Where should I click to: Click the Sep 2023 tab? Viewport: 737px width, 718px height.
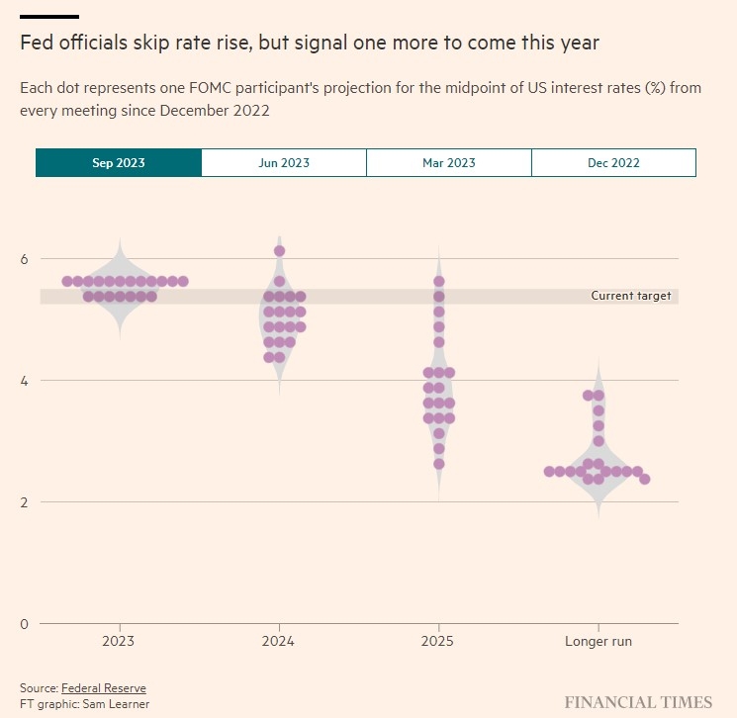(x=119, y=163)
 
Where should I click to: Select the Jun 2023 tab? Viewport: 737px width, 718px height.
(x=284, y=163)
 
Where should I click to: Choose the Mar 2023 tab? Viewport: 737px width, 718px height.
(x=449, y=163)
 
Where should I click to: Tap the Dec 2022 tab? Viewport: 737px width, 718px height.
(x=613, y=163)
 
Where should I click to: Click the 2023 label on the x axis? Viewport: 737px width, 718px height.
(x=119, y=642)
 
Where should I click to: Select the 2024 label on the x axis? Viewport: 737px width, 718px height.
(x=279, y=642)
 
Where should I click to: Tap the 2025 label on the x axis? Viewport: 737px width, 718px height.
(x=438, y=642)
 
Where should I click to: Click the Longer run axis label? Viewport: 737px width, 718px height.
(x=598, y=642)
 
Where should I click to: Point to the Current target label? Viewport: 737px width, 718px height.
(x=630, y=296)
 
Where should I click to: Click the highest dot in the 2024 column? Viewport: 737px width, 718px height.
(x=279, y=251)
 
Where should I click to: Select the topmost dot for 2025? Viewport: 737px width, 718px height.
(x=438, y=282)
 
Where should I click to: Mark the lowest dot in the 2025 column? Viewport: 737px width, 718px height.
(x=438, y=464)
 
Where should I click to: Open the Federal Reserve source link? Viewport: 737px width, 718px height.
(x=104, y=688)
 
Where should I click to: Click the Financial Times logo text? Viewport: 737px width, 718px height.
(x=638, y=702)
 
